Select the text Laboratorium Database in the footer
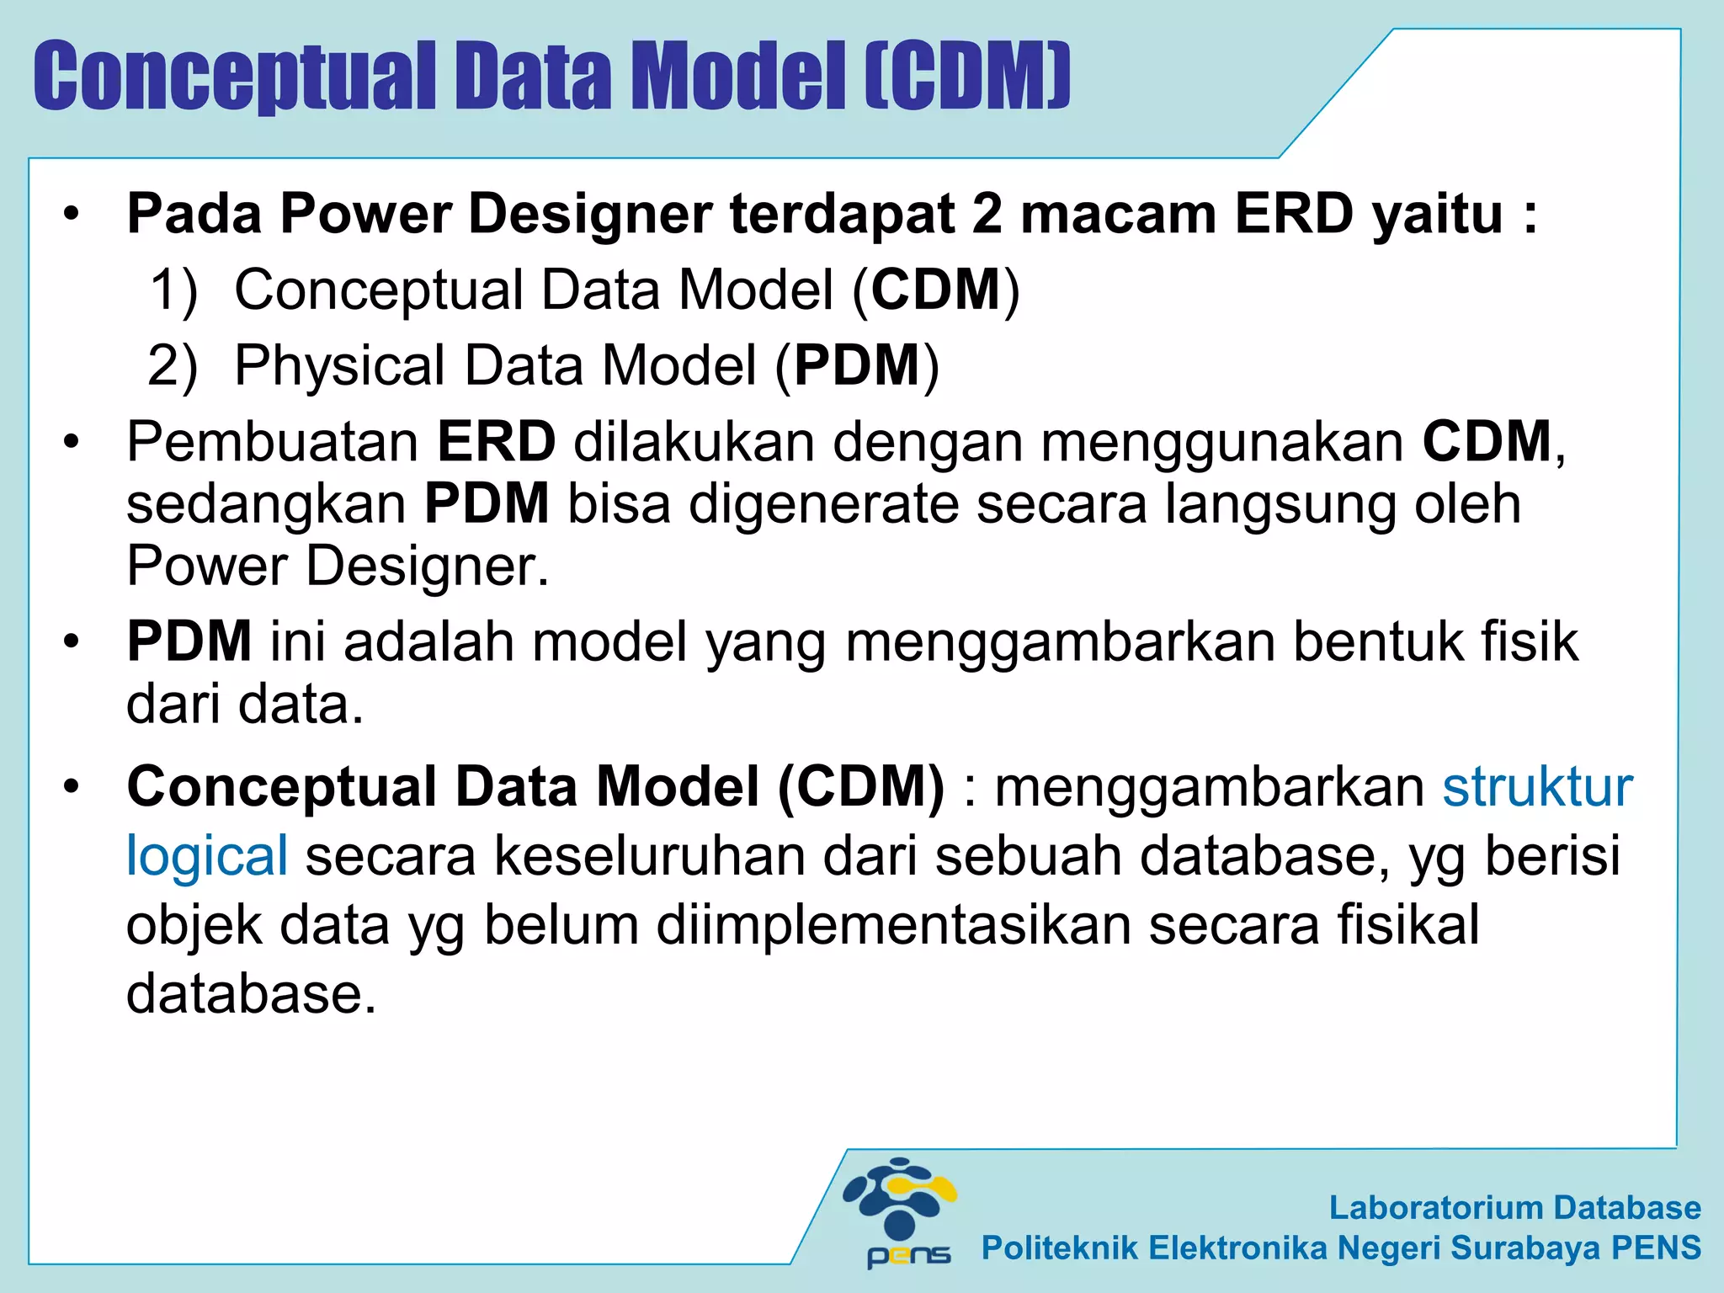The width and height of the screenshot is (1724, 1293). [1514, 1207]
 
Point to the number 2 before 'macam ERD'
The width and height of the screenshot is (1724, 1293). [987, 214]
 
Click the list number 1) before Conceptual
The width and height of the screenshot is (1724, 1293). [173, 290]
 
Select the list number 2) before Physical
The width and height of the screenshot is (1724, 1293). [173, 366]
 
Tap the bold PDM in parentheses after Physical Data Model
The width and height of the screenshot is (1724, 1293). [857, 366]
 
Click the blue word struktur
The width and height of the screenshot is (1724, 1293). [1537, 787]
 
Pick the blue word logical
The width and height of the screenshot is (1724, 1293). [207, 856]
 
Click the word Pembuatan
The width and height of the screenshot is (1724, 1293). [273, 442]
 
